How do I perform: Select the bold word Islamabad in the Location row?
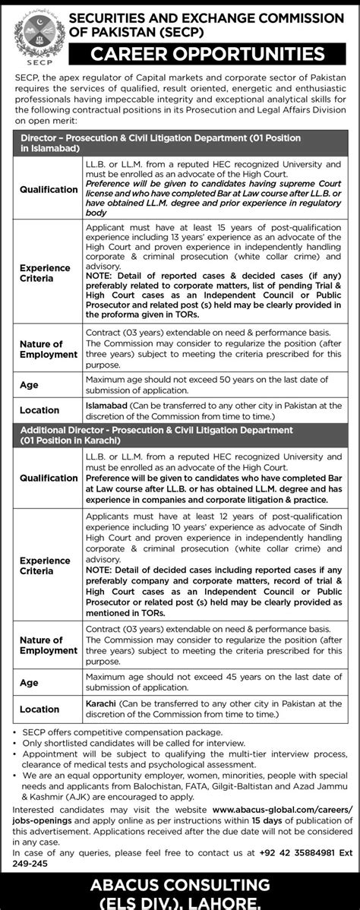[108, 406]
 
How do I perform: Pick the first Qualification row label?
[49, 189]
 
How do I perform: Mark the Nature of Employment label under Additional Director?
[49, 645]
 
